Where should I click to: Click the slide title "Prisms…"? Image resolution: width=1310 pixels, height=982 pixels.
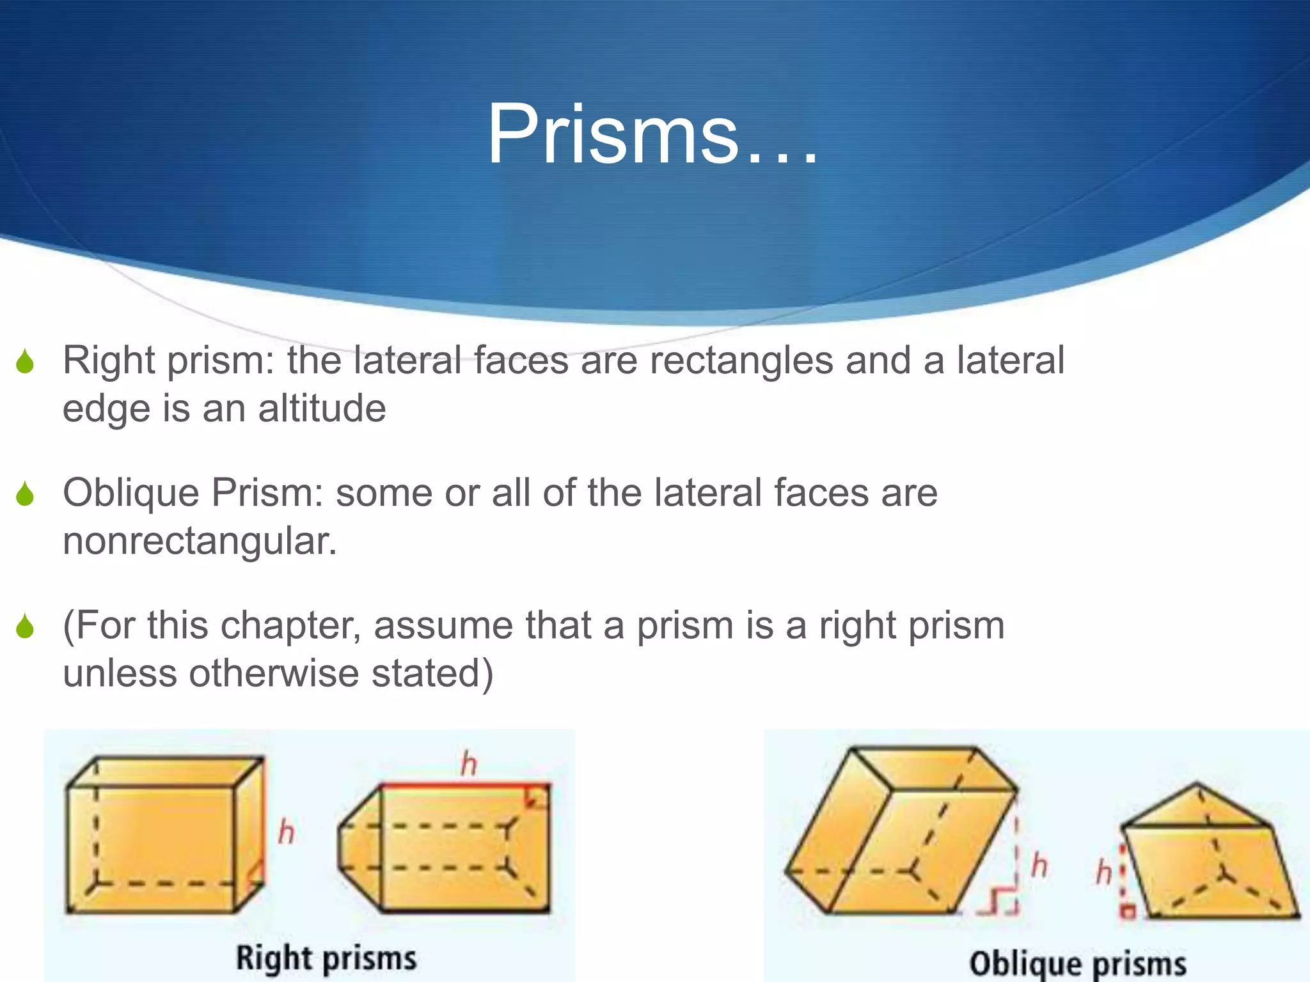652,136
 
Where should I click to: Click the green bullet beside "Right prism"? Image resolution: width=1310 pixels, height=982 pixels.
26,362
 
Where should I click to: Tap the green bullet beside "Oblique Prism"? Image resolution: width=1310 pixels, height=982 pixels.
26,494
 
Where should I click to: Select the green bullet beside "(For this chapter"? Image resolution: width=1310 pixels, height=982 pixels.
26,627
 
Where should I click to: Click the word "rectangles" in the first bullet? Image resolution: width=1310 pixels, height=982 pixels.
741,361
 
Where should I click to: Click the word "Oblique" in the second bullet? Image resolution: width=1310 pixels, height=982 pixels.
131,493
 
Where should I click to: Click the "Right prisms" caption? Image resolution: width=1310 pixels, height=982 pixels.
326,958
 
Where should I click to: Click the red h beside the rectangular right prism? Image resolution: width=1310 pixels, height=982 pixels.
287,832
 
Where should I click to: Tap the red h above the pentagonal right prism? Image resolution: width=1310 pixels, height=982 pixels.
469,764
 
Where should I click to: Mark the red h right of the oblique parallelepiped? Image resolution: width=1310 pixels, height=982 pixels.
1039,866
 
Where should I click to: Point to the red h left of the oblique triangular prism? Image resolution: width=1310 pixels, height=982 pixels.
1103,872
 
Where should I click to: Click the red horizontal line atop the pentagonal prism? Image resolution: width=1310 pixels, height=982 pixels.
464,784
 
